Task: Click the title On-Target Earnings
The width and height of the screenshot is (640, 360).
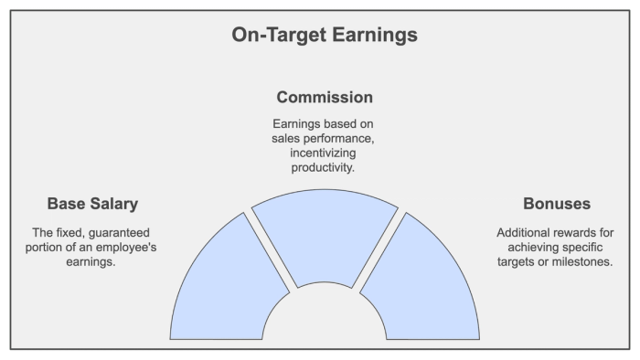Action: coord(325,35)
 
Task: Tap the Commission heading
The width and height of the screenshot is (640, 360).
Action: coord(325,97)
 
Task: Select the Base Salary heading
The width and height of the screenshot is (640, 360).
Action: coord(92,203)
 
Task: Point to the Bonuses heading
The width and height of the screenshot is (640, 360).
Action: coord(556,203)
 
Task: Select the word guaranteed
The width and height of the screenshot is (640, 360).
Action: coord(119,232)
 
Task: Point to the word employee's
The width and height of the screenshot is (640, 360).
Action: coord(129,247)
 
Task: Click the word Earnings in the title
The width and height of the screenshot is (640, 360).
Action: coord(376,35)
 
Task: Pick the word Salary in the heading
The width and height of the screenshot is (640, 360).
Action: coord(114,203)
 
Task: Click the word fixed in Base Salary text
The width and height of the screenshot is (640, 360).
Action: coord(67,232)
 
